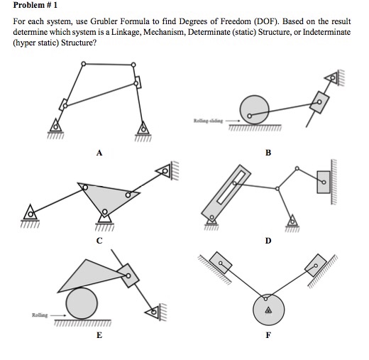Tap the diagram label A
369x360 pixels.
coord(101,151)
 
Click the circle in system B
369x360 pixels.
coord(255,110)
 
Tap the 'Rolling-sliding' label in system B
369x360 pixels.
coord(206,121)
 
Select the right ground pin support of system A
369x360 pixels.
coord(144,129)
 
